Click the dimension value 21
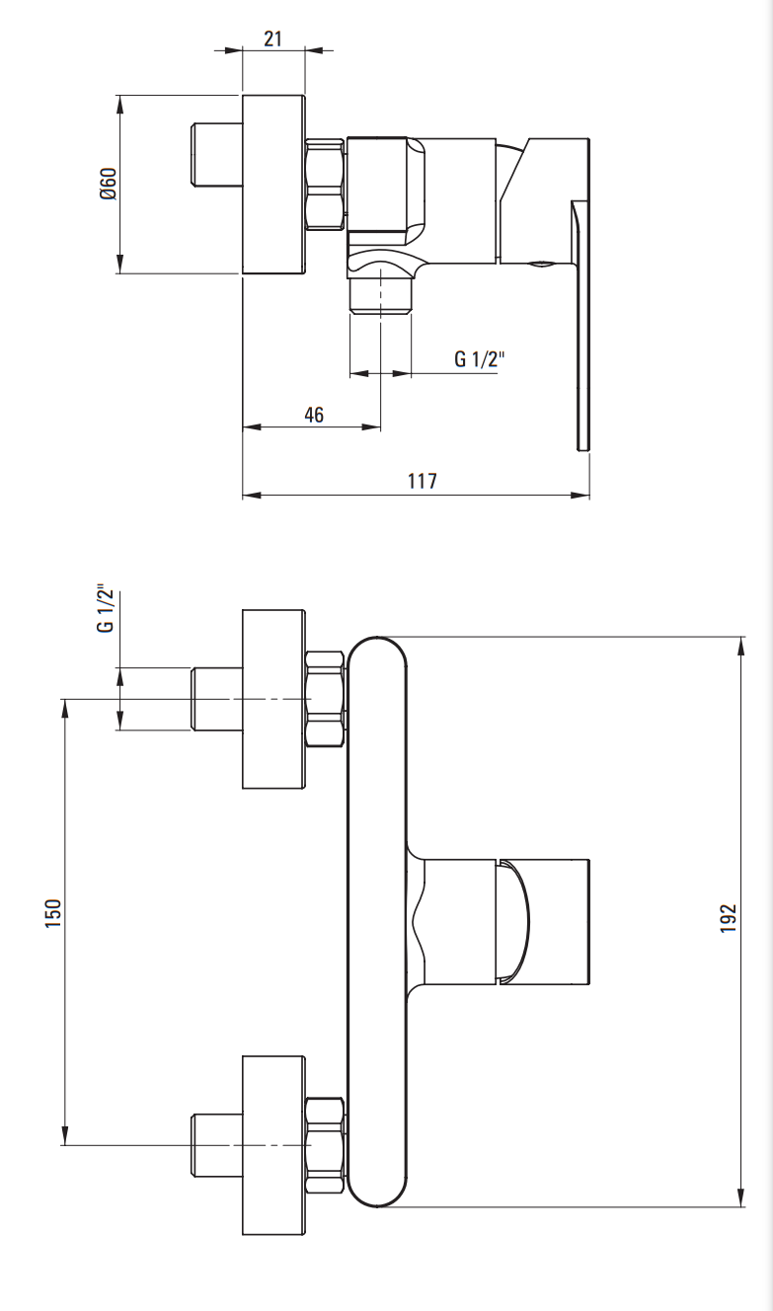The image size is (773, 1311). point(272,39)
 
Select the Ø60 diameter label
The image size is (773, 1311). point(109,184)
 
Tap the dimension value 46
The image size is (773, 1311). point(314,415)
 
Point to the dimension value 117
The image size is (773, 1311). point(422,481)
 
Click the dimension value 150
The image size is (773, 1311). point(52,913)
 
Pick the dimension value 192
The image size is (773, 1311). point(728,918)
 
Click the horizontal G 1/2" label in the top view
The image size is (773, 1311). point(479,358)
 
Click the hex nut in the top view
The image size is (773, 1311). point(326,185)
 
